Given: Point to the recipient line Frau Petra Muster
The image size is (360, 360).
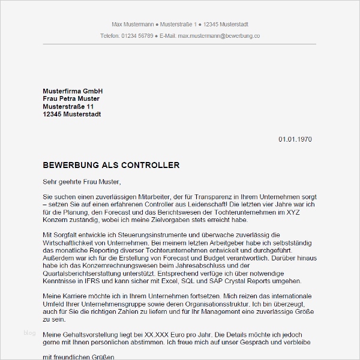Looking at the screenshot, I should [x=71, y=98].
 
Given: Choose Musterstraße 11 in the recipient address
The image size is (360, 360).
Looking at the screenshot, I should [x=68, y=106].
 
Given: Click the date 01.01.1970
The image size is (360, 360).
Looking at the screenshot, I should [x=295, y=139].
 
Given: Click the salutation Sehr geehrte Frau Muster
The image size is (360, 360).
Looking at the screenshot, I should [x=82, y=181].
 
